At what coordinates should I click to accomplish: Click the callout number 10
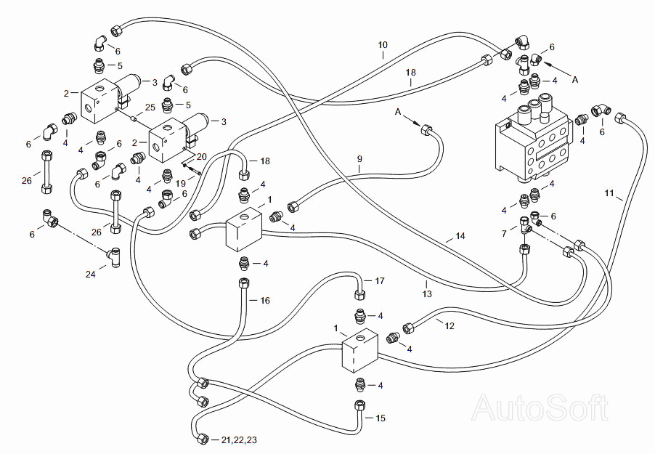click(383, 45)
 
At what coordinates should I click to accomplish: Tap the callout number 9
click(359, 159)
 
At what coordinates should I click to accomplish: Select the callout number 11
click(609, 192)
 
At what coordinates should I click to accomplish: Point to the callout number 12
click(449, 325)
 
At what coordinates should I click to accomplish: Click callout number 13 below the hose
click(426, 294)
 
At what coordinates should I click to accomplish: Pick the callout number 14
click(460, 236)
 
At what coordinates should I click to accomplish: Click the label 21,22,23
click(239, 439)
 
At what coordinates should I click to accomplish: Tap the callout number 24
click(90, 275)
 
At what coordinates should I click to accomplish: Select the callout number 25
click(150, 108)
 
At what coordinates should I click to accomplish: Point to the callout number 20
click(201, 157)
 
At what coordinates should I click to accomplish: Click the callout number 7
click(504, 233)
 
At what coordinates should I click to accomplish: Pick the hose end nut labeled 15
click(359, 405)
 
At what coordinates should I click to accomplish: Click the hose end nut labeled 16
click(243, 283)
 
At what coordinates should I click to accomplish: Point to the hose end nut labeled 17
click(359, 294)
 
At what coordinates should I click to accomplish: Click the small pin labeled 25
click(134, 118)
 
